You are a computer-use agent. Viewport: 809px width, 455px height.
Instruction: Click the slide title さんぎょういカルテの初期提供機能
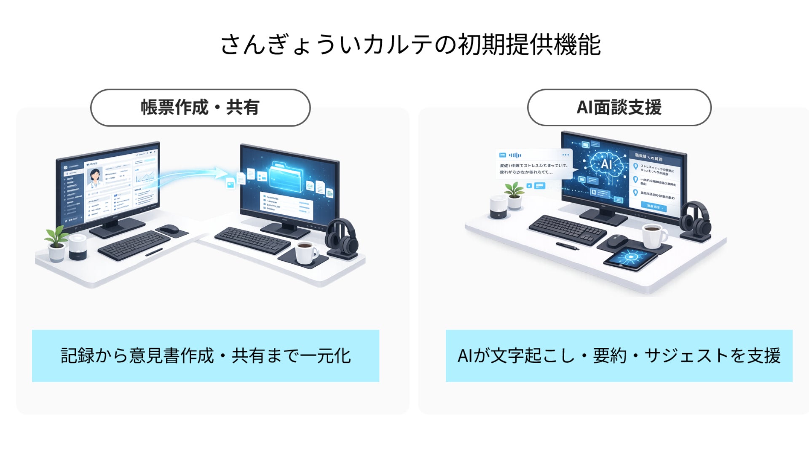410,45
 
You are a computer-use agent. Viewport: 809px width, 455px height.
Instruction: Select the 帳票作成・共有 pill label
200,107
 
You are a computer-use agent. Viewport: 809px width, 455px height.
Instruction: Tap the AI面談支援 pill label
619,107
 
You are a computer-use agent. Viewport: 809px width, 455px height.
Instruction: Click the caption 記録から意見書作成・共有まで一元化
206,356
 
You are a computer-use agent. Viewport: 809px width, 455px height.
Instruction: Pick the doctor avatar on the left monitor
95,177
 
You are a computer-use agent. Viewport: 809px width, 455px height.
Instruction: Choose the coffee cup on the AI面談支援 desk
653,236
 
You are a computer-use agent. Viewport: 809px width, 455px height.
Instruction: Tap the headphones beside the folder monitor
341,238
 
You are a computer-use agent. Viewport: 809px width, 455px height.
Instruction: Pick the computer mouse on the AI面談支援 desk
618,241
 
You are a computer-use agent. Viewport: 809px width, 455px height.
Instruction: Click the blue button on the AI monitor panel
654,206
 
